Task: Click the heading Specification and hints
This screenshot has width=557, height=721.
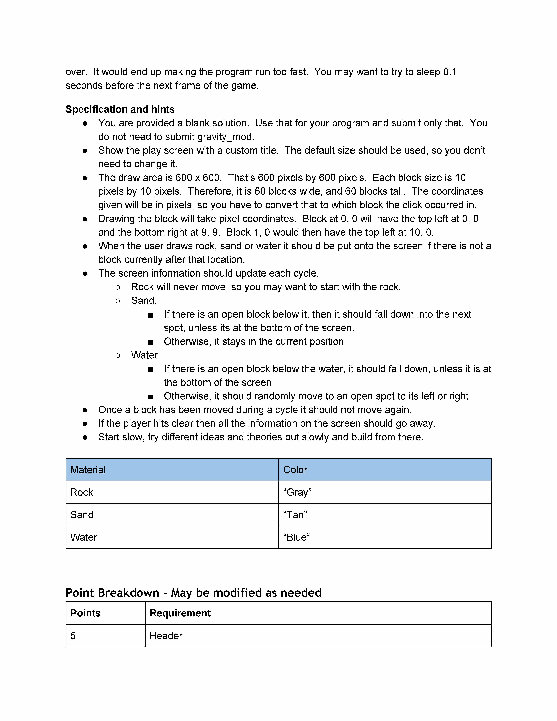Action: (x=120, y=109)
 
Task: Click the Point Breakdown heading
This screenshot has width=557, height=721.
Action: (x=193, y=593)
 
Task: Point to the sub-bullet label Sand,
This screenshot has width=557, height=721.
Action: (x=144, y=300)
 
